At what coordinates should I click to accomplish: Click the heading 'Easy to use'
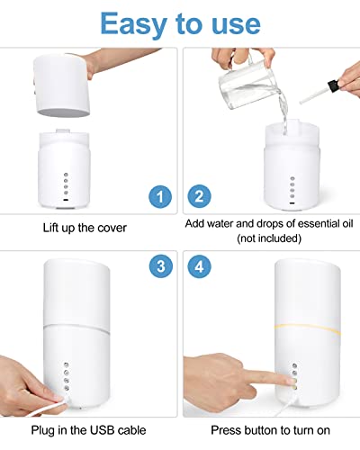coord(180,23)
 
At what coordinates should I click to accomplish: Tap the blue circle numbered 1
coord(158,195)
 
